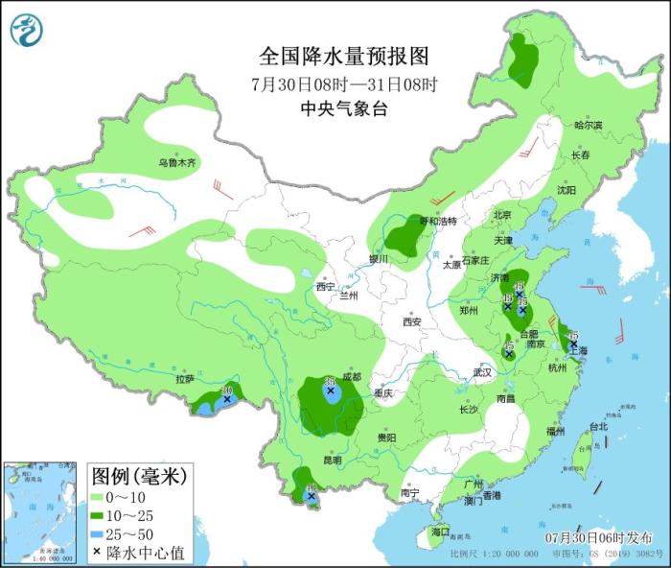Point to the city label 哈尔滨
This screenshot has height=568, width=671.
588,126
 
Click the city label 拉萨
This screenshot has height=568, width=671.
185,380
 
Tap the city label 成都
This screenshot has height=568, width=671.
351,377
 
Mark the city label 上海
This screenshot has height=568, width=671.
578,352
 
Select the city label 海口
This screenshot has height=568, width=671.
440,531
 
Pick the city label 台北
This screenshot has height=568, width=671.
598,426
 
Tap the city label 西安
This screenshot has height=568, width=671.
412,322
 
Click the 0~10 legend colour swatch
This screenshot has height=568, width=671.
98,497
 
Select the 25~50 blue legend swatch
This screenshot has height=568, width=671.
98,533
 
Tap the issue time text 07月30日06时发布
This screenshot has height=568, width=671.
598,536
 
